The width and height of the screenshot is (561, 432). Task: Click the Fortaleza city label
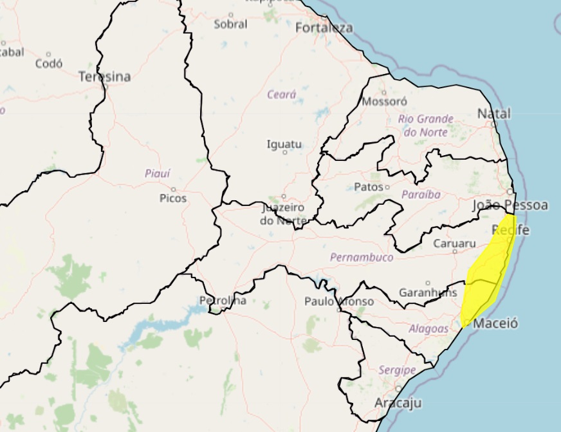(x=324, y=28)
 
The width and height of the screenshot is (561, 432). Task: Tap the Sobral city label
(x=230, y=24)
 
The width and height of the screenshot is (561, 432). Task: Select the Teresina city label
(x=104, y=77)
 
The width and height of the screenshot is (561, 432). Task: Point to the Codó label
(x=49, y=63)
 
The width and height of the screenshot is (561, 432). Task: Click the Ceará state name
(x=282, y=95)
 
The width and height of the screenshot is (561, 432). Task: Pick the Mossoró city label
(x=385, y=102)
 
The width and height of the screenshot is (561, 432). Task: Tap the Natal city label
(x=494, y=114)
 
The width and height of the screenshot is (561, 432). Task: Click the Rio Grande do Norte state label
(x=425, y=126)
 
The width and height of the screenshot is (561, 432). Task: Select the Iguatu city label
(x=284, y=144)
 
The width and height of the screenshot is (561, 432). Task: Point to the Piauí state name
(x=157, y=173)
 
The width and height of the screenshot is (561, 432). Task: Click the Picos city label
(x=173, y=198)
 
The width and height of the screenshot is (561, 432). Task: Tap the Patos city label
(x=369, y=187)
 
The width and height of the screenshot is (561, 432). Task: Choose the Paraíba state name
(x=421, y=194)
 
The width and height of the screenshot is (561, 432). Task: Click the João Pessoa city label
(x=510, y=205)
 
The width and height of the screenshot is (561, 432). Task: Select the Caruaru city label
(x=454, y=243)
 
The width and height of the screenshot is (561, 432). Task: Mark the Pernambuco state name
(x=361, y=257)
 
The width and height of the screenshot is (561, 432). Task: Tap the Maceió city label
(x=495, y=323)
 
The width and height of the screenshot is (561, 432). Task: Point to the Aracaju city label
(x=397, y=403)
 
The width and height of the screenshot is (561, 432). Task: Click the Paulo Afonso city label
(x=339, y=301)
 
